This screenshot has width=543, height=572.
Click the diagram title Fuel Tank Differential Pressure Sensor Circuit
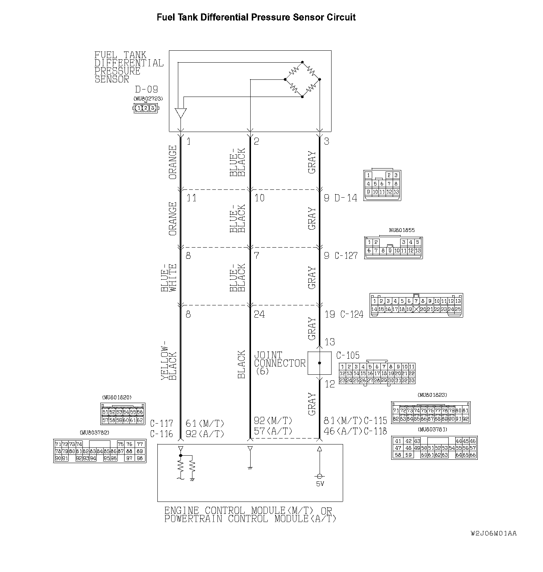pos(256,18)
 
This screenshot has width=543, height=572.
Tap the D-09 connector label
pos(146,89)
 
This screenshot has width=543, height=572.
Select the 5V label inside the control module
pos(320,484)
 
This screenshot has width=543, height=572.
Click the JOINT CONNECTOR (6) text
pos(279,363)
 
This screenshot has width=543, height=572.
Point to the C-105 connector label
pos(348,355)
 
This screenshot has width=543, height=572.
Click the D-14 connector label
pos(346,198)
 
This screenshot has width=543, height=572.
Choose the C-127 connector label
pos(346,256)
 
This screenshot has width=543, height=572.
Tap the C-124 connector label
pos(351,314)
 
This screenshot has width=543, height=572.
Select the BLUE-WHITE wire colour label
pos(169,278)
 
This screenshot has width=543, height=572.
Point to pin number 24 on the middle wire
pos(260,314)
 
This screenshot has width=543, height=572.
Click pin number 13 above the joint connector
pos(330,342)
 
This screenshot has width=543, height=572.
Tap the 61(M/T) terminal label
pos(205,424)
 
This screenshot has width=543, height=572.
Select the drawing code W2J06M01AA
pos(493,534)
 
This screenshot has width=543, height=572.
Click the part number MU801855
pos(402,230)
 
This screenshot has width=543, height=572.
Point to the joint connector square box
pos(319,363)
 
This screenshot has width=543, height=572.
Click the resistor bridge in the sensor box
pos(302,79)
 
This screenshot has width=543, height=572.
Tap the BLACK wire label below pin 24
pos(241,364)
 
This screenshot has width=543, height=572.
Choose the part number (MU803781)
pos(432,430)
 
